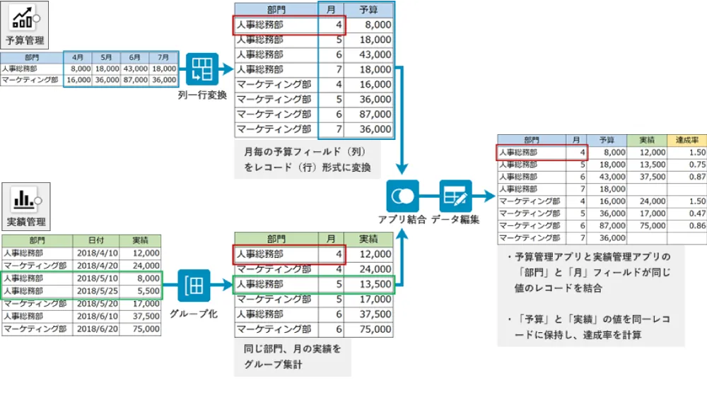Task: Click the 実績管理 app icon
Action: tap(25, 199)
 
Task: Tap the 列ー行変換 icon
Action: tap(202, 69)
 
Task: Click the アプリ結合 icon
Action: tap(402, 196)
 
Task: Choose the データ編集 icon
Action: tap(455, 196)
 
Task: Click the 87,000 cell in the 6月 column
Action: tap(134, 80)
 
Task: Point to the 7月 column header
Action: tap(163, 57)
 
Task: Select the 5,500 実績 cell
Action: tap(145, 290)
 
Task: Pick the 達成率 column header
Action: tap(686, 140)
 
